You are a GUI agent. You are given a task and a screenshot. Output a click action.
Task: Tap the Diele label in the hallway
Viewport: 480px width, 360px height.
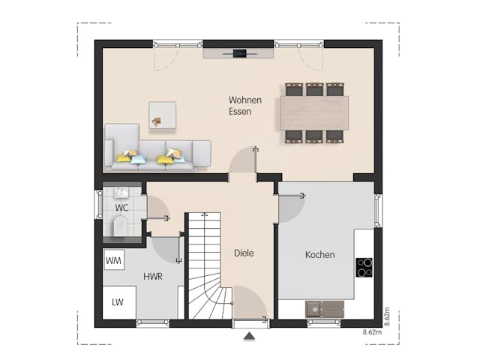coord(243,253)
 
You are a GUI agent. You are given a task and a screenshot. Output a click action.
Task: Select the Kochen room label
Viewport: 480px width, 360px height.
coord(319,255)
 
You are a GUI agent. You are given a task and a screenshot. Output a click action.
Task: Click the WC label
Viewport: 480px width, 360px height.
coord(121,208)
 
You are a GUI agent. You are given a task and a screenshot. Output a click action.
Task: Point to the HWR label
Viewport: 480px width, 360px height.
coord(153,276)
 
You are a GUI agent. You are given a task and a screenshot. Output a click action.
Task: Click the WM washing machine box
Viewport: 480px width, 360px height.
coord(114,260)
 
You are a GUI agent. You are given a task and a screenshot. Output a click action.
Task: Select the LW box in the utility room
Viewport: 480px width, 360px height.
coord(118,302)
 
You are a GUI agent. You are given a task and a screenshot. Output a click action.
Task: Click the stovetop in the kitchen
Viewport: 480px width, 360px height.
coord(364,267)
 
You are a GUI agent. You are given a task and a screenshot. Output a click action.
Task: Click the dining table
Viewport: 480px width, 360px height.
coord(314,112)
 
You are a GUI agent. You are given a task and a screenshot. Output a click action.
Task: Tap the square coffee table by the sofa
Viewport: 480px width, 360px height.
coord(162,114)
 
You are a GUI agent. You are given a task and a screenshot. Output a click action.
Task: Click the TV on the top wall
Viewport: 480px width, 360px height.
coord(240,53)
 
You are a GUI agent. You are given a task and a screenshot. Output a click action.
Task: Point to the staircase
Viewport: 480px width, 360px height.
coord(204,266)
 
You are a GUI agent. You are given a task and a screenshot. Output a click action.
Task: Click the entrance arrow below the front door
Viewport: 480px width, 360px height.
coord(249,337)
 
